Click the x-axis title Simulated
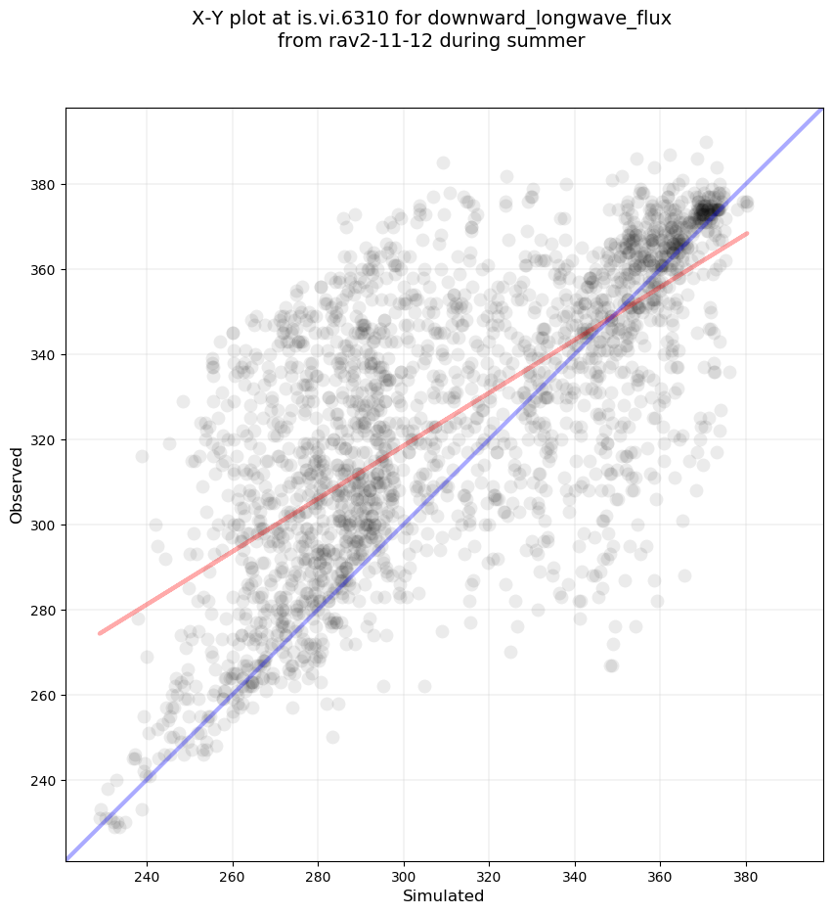[x=444, y=895]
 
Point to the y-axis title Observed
[x=17, y=484]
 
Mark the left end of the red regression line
[x=100, y=633]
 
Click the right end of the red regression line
[x=747, y=233]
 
